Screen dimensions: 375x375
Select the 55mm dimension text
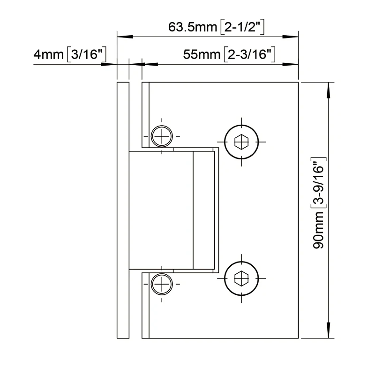(202, 55)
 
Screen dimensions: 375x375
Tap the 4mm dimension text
(48, 55)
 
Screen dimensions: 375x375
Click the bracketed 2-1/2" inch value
(244, 27)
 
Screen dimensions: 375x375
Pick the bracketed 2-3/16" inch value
(249, 55)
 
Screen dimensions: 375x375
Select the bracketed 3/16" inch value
(88, 55)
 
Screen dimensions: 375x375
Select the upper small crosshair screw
(162, 136)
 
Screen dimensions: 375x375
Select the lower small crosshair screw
(162, 283)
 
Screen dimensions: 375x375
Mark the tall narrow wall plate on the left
(122, 210)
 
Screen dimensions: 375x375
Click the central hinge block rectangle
(161, 210)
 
